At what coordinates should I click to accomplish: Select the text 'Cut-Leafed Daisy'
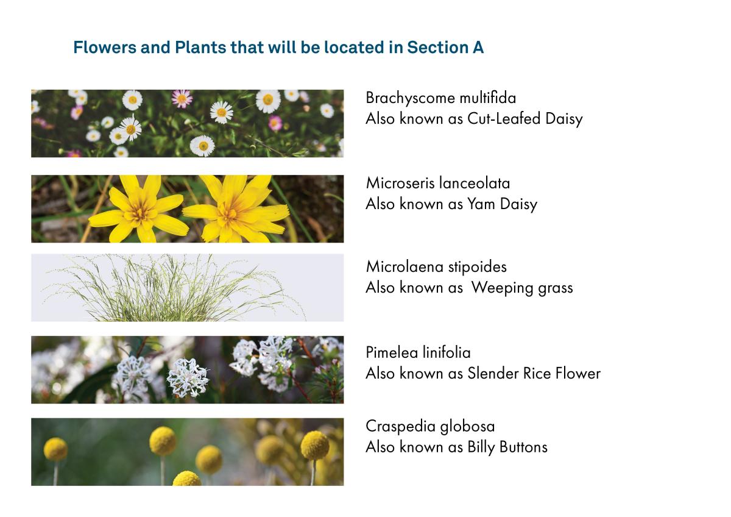524,119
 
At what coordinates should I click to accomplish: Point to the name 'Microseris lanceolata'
437,183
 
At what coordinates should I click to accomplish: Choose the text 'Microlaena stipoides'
436,267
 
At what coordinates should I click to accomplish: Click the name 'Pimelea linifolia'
418,352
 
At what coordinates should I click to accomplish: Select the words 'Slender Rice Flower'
534,373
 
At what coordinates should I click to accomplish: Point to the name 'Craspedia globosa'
430,426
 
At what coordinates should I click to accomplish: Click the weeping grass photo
187,288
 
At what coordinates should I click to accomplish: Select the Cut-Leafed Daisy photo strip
187,124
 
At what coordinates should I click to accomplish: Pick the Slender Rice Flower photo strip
187,369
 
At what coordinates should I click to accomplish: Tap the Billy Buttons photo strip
187,452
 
